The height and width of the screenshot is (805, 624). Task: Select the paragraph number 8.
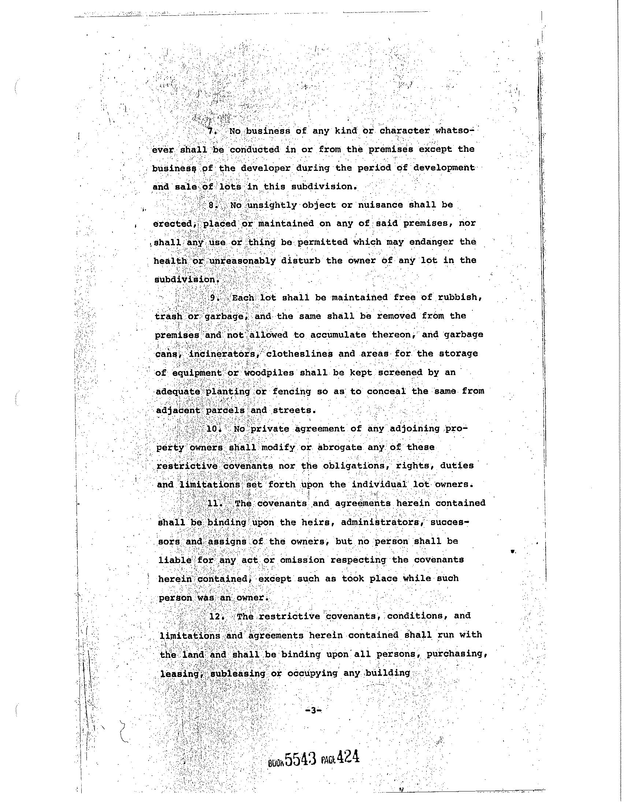click(x=212, y=205)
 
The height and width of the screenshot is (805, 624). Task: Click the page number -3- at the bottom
click(x=313, y=711)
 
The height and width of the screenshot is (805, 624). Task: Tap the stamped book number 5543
click(x=301, y=759)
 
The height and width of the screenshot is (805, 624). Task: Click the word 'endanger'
click(x=430, y=242)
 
